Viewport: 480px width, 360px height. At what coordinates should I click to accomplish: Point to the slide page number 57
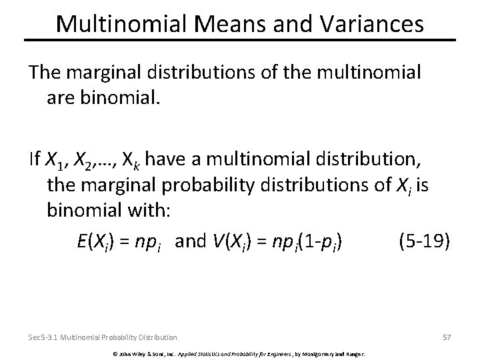(x=446, y=337)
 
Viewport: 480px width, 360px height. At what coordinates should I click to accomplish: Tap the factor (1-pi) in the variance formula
(x=319, y=241)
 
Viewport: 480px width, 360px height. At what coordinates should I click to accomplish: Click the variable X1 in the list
(x=54, y=160)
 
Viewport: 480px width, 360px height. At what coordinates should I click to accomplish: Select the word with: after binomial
(x=151, y=212)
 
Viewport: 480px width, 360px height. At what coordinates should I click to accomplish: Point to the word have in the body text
(x=164, y=159)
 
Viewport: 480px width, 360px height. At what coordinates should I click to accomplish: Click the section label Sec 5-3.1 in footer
(x=45, y=337)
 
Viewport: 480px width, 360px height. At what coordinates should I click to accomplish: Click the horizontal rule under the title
(x=240, y=41)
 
